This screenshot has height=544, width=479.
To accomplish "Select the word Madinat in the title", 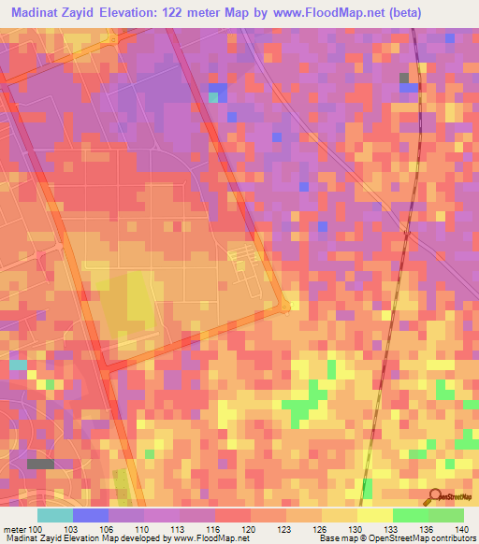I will pyautogui.click(x=41, y=13).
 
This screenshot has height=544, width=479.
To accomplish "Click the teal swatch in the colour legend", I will pyautogui.click(x=55, y=515).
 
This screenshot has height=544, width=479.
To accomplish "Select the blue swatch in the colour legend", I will pyautogui.click(x=91, y=515).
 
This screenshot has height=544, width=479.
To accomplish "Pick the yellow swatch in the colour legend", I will pyautogui.click(x=374, y=515).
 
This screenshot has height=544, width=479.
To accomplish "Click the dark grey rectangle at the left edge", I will pyautogui.click(x=40, y=464).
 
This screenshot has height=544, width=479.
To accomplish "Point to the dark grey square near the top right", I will pyautogui.click(x=405, y=79).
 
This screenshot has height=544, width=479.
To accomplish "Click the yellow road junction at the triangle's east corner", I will pyautogui.click(x=285, y=305).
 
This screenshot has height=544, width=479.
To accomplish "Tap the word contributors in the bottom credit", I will pyautogui.click(x=444, y=538).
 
